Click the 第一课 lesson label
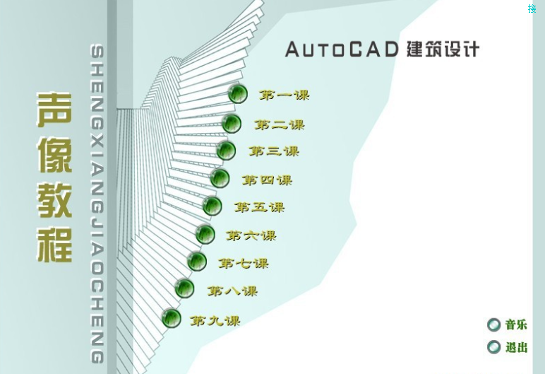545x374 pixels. pyautogui.click(x=284, y=95)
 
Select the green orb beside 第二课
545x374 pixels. pyautogui.click(x=232, y=124)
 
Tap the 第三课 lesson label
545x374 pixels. pyautogui.click(x=274, y=151)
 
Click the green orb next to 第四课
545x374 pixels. pyautogui.click(x=220, y=178)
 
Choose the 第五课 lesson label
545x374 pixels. pyautogui.click(x=260, y=208)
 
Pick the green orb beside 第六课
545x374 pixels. pyautogui.click(x=205, y=234)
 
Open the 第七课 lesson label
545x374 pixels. pyautogui.click(x=244, y=264)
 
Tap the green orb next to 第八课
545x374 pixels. pyautogui.click(x=184, y=288)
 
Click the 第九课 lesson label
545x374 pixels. pyautogui.click(x=215, y=321)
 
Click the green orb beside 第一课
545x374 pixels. pyautogui.click(x=238, y=93)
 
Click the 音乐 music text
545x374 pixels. pyautogui.click(x=516, y=325)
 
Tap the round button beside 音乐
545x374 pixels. pyautogui.click(x=493, y=325)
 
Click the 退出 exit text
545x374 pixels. pyautogui.click(x=516, y=347)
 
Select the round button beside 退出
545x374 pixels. pyautogui.click(x=493, y=347)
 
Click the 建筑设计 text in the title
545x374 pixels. pyautogui.click(x=443, y=49)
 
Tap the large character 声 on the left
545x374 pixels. pyautogui.click(x=54, y=111)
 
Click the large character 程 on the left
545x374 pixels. pyautogui.click(x=54, y=242)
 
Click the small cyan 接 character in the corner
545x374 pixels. pyautogui.click(x=532, y=8)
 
